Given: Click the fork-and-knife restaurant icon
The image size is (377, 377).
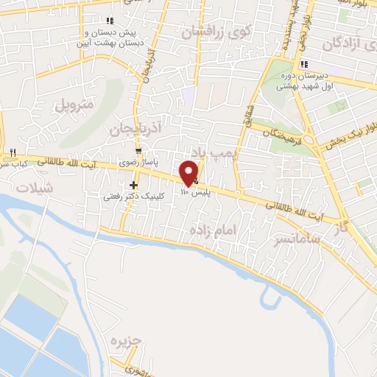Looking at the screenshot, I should coord(13,152).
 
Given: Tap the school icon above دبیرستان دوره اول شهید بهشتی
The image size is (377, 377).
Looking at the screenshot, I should coord(304,65).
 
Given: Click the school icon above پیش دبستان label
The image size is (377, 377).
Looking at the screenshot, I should coord(110,20).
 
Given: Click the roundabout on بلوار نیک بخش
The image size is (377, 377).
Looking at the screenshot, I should coord(317,141).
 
